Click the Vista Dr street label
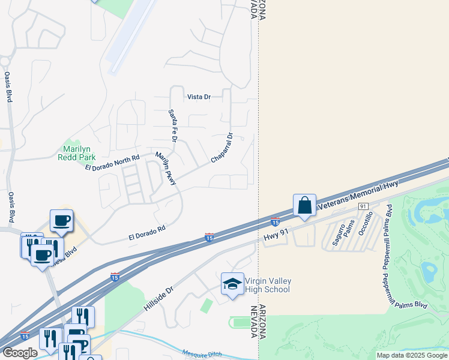tap(199, 97)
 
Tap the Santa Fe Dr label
tap(173, 125)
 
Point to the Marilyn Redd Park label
tap(76, 153)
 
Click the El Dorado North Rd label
tap(112, 163)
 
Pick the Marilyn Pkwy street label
tap(166, 168)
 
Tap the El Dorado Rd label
tap(146, 233)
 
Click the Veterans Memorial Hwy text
tap(358, 196)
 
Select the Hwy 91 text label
tap(277, 235)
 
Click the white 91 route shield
tap(363, 206)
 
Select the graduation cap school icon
tap(232, 284)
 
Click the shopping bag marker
tap(305, 205)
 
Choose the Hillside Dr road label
tap(158, 298)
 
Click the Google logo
tap(19, 353)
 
